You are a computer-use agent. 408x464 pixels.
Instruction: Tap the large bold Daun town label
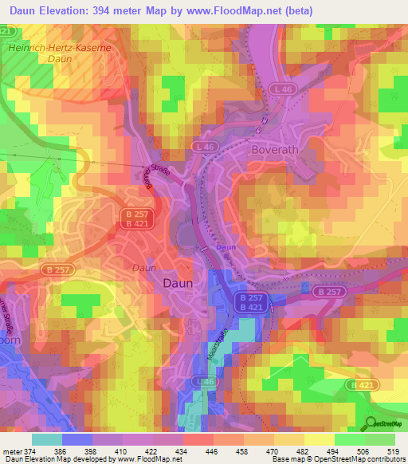[180, 283]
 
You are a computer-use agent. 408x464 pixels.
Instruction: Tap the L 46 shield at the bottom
[207, 383]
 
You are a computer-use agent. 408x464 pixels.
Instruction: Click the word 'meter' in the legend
[13, 451]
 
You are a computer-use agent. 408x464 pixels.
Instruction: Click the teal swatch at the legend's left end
[47, 439]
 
